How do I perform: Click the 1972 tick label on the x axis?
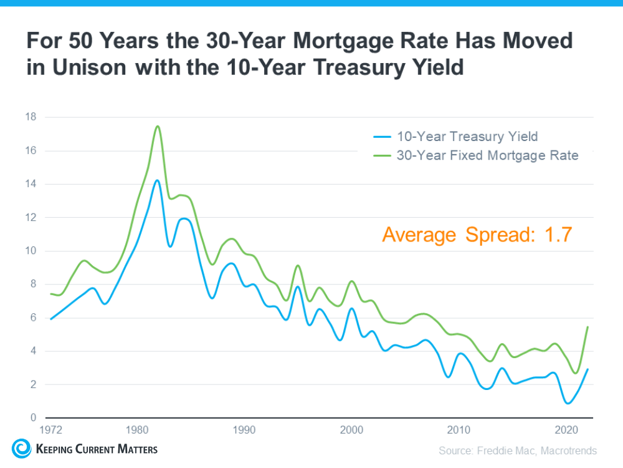[50, 430]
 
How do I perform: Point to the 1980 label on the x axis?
[136, 430]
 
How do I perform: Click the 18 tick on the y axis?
[31, 117]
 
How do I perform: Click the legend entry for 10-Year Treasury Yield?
[467, 136]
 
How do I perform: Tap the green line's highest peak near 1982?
[158, 126]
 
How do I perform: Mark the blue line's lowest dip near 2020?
[568, 403]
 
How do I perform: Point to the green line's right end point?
[587, 327]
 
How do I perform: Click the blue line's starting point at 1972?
[50, 319]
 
